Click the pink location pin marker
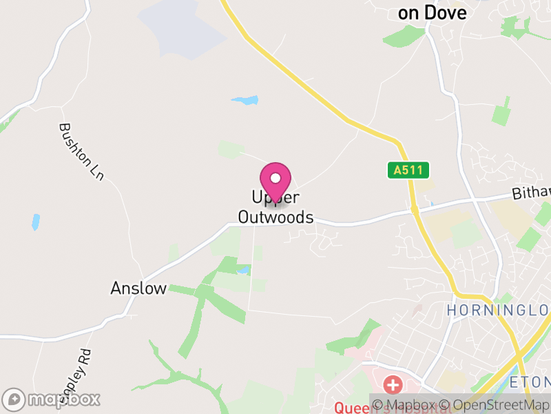point(275,181)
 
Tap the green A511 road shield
point(408,170)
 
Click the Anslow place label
point(138,288)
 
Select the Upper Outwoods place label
point(275,208)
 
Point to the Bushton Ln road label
point(81,152)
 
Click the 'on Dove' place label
point(433,12)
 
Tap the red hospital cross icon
point(393,384)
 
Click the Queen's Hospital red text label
point(351,408)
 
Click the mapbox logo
point(52,399)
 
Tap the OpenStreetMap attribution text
point(495,405)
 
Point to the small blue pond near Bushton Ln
point(35,221)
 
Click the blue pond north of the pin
point(245,101)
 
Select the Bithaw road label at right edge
point(531,193)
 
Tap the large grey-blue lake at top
point(183,28)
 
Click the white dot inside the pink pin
point(275,177)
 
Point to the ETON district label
point(530,382)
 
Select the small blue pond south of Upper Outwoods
point(242,269)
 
